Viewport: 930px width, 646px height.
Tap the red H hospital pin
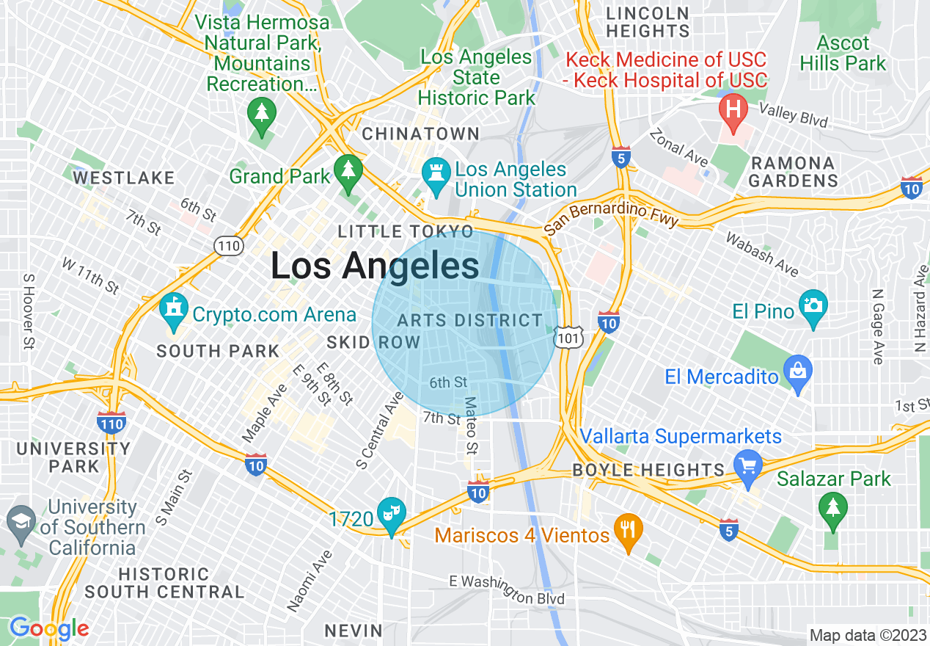(732, 110)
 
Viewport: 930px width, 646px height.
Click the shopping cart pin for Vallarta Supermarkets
(748, 466)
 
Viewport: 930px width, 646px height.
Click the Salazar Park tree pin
(833, 507)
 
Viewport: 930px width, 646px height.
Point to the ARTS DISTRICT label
(469, 321)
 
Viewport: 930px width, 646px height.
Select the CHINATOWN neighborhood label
(421, 134)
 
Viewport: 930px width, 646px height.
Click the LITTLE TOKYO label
(406, 232)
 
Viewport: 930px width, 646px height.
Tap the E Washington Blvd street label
(507, 589)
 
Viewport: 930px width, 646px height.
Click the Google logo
(48, 629)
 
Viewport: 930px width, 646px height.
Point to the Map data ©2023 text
(868, 635)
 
